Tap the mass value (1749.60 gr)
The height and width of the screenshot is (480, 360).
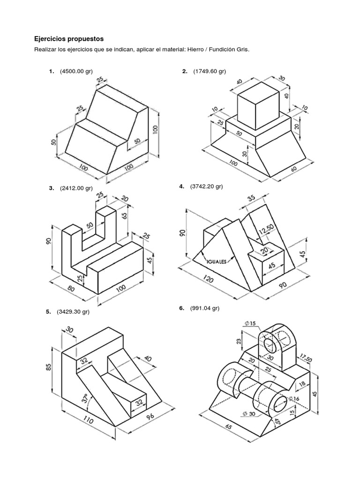(x=210, y=71)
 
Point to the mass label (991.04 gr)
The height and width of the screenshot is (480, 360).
(x=204, y=308)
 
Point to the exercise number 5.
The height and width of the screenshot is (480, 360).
(x=48, y=311)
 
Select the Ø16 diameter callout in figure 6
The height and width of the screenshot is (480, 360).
(x=294, y=399)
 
